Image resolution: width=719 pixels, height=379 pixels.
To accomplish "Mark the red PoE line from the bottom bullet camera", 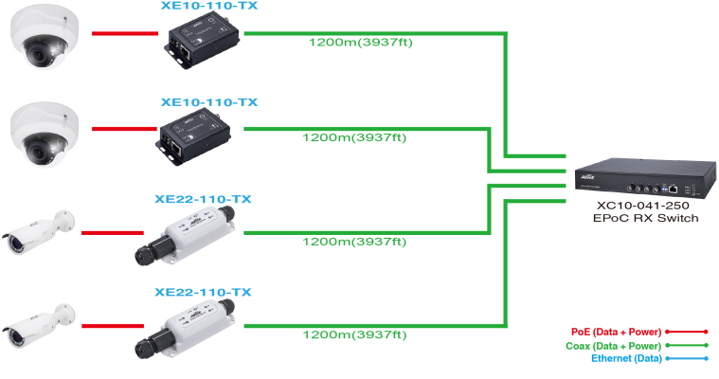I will [x=115, y=326].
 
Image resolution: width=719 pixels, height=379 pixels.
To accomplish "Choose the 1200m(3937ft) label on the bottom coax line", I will [x=354, y=335].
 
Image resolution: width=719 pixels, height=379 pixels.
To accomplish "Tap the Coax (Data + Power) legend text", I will [x=613, y=346].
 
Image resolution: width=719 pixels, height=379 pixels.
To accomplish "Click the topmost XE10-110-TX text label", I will [x=209, y=7].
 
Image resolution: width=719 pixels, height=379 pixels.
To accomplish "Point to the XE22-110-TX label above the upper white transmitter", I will [x=203, y=200].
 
